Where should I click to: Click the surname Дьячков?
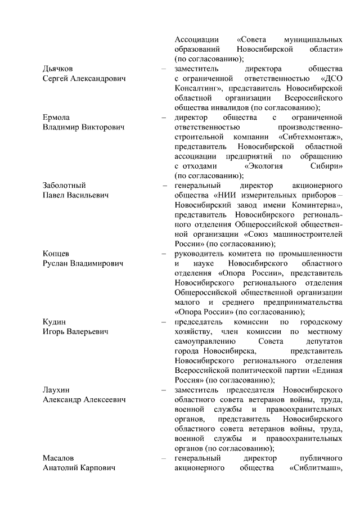pyautogui.click(x=58, y=69)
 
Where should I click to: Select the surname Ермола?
pyautogui.click(x=56, y=118)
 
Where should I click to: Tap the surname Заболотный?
pyautogui.click(x=64, y=186)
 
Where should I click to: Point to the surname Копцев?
pyautogui.click(x=56, y=254)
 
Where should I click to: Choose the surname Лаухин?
pyautogui.click(x=56, y=390)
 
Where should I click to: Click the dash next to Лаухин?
pyautogui.click(x=163, y=390)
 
